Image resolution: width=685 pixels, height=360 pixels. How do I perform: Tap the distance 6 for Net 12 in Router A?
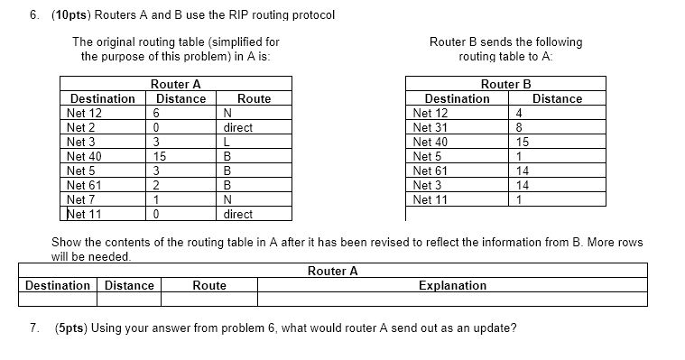click(x=156, y=113)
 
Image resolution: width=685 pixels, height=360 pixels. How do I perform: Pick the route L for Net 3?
click(x=227, y=142)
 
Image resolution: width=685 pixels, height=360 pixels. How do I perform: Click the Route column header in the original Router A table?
click(x=254, y=98)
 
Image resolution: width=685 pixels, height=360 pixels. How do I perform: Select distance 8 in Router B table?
click(x=519, y=127)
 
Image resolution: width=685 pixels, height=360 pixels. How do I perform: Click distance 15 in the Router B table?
click(x=522, y=142)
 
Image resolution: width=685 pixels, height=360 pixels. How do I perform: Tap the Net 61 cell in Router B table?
click(x=430, y=171)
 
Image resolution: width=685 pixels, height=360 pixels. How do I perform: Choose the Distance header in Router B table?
click(x=557, y=98)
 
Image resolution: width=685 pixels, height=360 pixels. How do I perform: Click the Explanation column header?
click(x=452, y=285)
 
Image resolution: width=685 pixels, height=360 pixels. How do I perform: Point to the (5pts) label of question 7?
click(x=75, y=328)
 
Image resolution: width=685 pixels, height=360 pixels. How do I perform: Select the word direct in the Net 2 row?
click(x=238, y=127)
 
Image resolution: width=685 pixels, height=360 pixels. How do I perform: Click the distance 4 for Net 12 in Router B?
click(x=519, y=113)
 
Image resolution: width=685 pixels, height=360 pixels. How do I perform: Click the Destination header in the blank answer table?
click(x=58, y=285)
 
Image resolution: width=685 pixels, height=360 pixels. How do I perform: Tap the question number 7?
click(x=34, y=328)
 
